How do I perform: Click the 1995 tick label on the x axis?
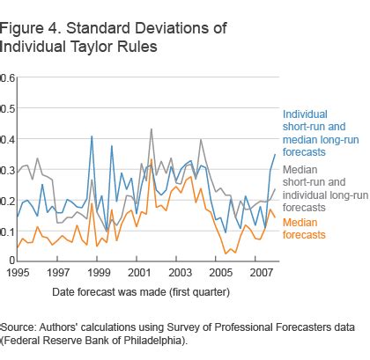pyautogui.click(x=18, y=274)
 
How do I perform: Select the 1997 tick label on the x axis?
pyautogui.click(x=58, y=274)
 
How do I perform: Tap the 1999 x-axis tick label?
pyautogui.click(x=99, y=274)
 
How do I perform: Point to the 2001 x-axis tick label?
pyautogui.click(x=139, y=274)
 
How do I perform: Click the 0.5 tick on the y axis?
pyautogui.click(x=8, y=108)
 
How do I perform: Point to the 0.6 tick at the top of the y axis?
pyautogui.click(x=8, y=77)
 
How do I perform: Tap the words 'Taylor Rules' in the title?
pyautogui.click(x=117, y=46)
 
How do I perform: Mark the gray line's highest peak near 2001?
pyautogui.click(x=151, y=129)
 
